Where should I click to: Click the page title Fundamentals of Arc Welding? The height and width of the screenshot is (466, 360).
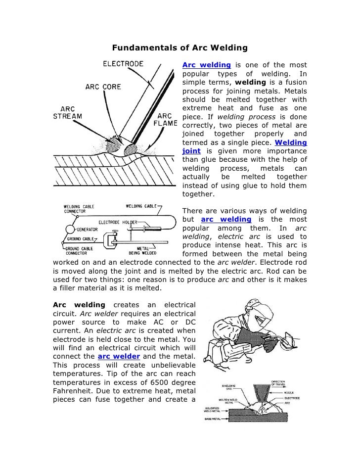pos(180,48)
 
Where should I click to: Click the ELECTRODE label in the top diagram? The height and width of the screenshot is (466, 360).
pos(123,64)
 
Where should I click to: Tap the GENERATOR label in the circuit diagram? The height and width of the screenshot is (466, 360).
pos(87,230)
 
